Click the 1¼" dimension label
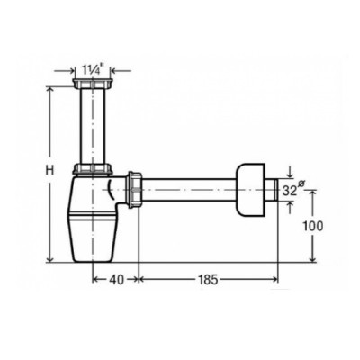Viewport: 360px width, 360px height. click(x=93, y=71)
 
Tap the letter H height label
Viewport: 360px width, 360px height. click(x=49, y=171)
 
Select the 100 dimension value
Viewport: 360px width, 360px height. click(x=312, y=226)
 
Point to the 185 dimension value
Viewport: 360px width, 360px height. click(x=208, y=280)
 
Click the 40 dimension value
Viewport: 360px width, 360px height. click(x=116, y=280)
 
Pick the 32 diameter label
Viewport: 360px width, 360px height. click(x=288, y=191)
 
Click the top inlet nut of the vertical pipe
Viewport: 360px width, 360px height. click(x=93, y=83)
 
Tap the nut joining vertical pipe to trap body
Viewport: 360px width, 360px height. click(x=93, y=169)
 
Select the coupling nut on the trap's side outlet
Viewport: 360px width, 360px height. click(x=135, y=190)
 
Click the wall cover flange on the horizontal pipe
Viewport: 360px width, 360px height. click(x=251, y=190)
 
